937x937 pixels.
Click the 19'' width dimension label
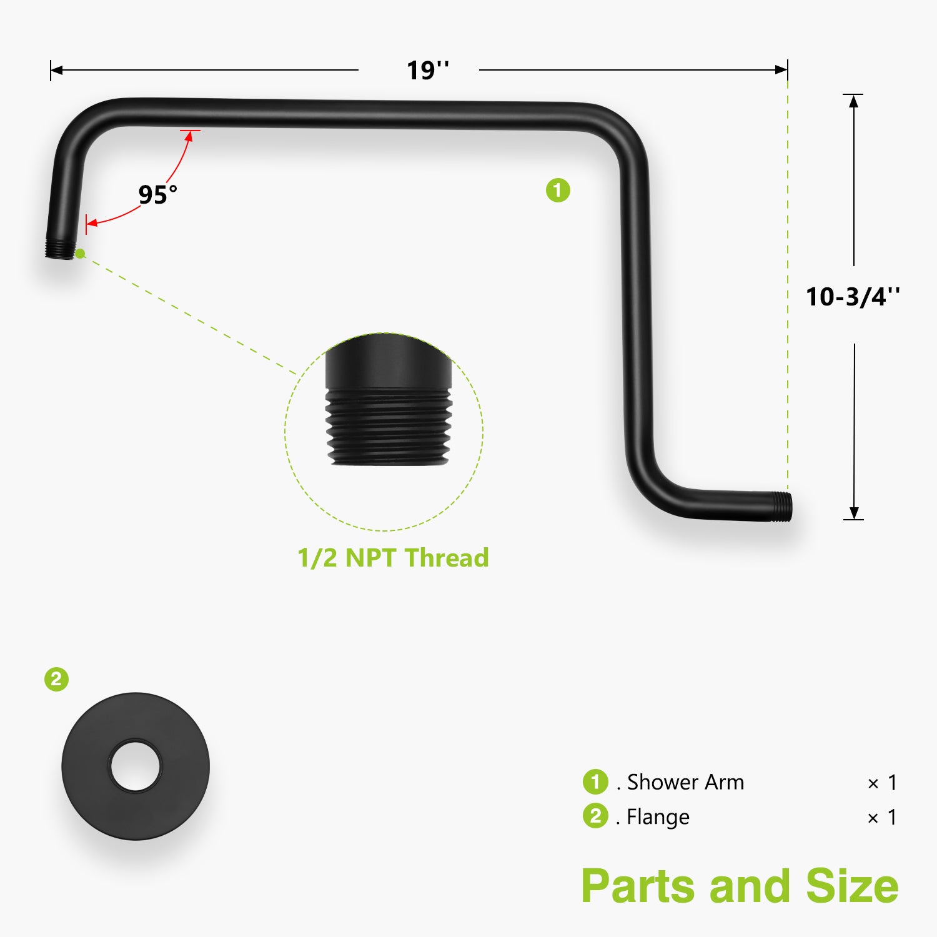click(x=428, y=70)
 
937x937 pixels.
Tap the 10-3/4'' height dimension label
click(x=853, y=297)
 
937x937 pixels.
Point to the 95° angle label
click(x=157, y=194)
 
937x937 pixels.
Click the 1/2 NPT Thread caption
click(x=393, y=558)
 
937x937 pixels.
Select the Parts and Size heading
click(x=740, y=886)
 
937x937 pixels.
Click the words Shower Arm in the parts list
click(x=685, y=782)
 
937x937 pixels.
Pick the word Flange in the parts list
click(x=658, y=817)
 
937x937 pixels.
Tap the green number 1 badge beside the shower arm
click(x=558, y=191)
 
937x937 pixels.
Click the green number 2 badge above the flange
click(x=56, y=679)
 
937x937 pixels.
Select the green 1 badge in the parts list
click(x=595, y=781)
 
